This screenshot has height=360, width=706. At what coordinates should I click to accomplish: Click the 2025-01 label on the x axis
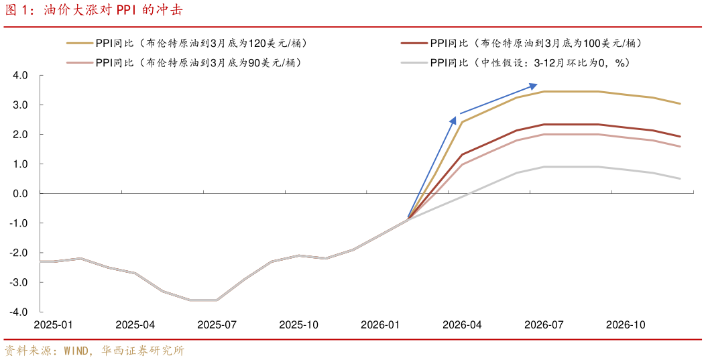[x=54, y=324]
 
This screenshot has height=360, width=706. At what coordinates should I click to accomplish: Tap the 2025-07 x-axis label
[x=217, y=324]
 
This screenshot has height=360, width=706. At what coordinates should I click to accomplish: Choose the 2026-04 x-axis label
[x=462, y=324]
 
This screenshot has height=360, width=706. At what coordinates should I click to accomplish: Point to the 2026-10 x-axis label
[x=625, y=324]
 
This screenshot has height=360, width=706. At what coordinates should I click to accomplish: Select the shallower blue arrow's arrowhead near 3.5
[x=534, y=85]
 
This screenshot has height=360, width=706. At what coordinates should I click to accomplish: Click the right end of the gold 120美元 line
[x=680, y=103]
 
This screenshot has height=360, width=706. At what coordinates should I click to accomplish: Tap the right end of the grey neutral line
[x=680, y=178]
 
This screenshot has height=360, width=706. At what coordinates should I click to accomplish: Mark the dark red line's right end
[x=680, y=136]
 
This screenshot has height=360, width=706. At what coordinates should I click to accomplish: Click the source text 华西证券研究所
[x=142, y=351]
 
